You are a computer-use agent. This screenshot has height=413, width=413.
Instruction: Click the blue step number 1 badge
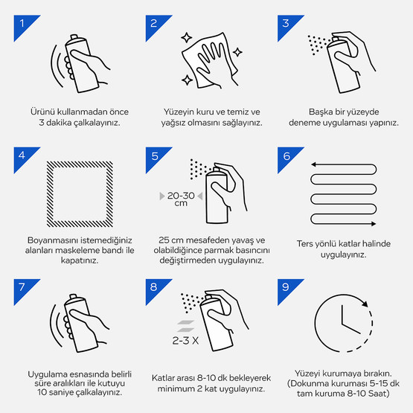pos(23,25)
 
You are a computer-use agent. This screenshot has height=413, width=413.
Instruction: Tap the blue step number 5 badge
pos(155,156)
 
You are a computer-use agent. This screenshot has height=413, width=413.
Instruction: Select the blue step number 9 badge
pos(286,288)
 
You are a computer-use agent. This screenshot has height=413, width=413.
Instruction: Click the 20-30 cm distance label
pos(181,199)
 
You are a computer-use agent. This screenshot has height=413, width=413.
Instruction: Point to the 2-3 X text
pos(185,341)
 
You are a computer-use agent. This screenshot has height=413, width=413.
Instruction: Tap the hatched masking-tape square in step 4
pos(50,194)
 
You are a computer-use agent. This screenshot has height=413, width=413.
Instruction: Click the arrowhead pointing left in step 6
pos(313,164)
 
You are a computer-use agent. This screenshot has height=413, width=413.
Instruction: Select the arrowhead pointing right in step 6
pos(374,224)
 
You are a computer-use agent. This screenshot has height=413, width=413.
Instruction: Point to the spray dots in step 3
pos(318,44)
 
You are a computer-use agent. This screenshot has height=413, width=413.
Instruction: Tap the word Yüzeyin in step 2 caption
pos(176,112)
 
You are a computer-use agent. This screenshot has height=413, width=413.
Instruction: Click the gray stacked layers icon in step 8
pos(186,326)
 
